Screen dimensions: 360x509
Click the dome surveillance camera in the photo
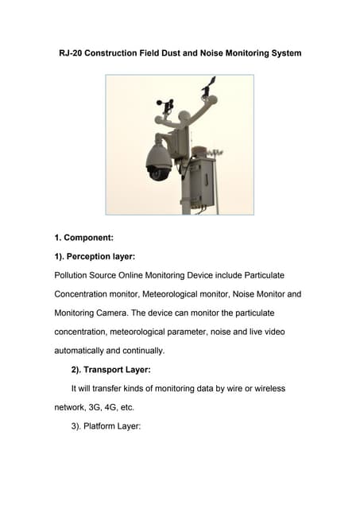pyautogui.click(x=159, y=162)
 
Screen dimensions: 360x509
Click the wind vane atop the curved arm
pyautogui.click(x=208, y=85)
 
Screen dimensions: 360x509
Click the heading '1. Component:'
pyautogui.click(x=84, y=238)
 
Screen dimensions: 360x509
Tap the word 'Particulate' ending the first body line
pyautogui.click(x=265, y=275)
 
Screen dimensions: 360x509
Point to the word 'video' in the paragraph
pyautogui.click(x=275, y=332)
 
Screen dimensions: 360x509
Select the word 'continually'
pyautogui.click(x=144, y=351)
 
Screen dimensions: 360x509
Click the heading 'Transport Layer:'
pyautogui.click(x=117, y=370)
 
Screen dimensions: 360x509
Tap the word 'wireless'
pyautogui.click(x=270, y=389)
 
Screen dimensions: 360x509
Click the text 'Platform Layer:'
pyautogui.click(x=112, y=426)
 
